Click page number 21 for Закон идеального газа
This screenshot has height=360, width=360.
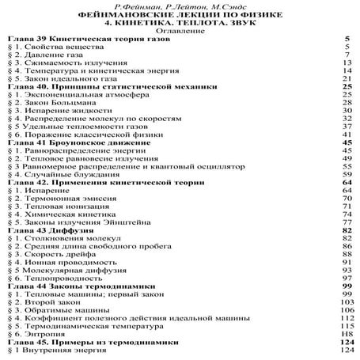346,79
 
